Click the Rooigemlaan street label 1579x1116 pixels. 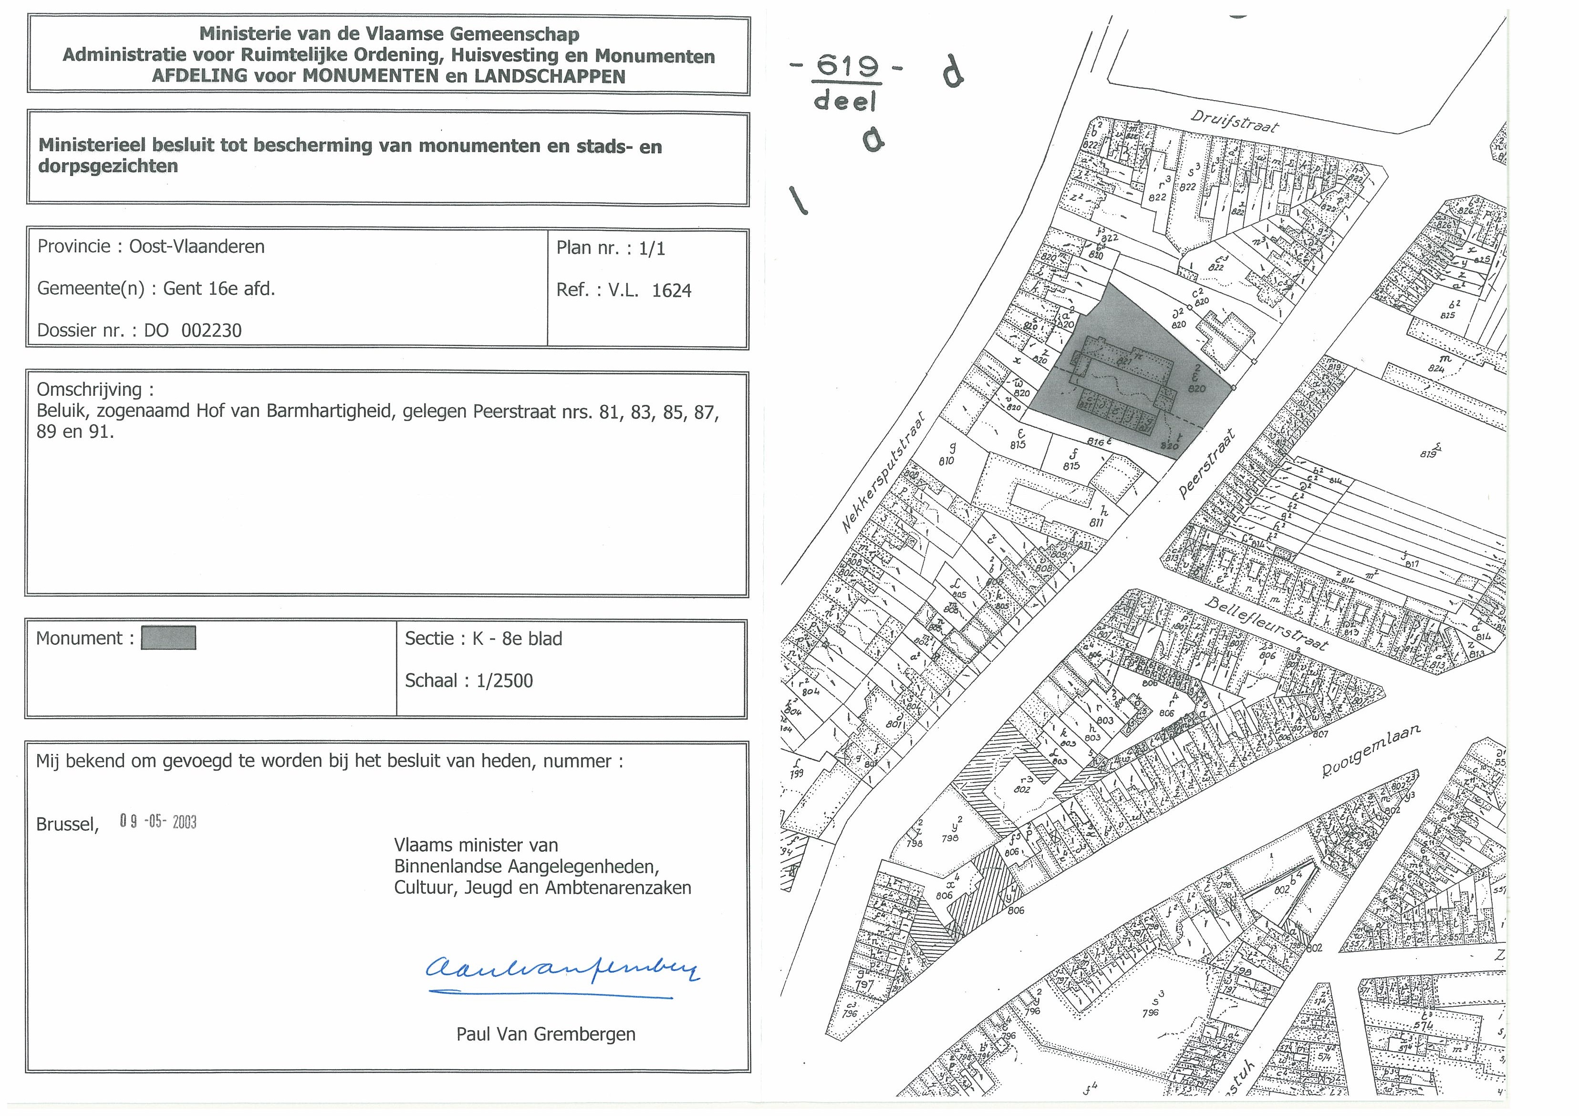(1371, 752)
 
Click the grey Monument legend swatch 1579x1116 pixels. (168, 638)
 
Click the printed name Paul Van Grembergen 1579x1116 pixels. (545, 1034)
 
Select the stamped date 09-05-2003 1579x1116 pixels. (158, 822)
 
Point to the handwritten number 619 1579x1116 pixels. (847, 67)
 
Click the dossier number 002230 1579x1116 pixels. (211, 331)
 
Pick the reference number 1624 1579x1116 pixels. (671, 291)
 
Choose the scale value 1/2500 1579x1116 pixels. (504, 681)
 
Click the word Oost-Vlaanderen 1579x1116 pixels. (197, 247)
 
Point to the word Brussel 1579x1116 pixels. (67, 825)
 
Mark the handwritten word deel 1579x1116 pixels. (845, 102)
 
